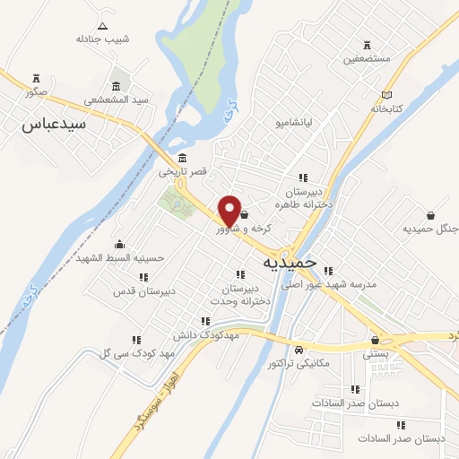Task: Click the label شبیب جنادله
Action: (x=103, y=39)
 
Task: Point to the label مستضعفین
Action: (x=367, y=60)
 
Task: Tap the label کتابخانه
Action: (x=389, y=108)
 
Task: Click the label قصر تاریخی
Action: (x=183, y=171)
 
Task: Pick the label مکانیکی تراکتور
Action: (x=299, y=364)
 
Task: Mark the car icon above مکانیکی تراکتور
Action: (x=299, y=351)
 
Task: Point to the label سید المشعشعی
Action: (x=115, y=100)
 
